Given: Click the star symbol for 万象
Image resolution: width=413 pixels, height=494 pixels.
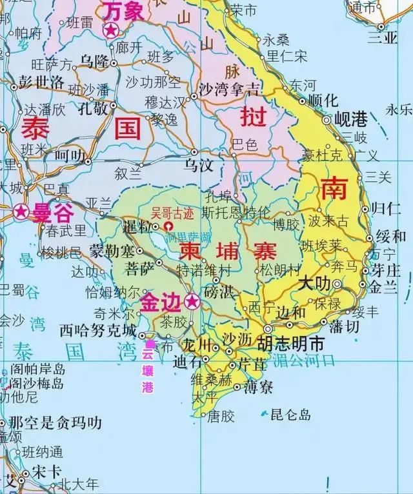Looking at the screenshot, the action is (x=112, y=30).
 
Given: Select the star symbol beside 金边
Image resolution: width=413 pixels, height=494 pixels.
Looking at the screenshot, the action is (x=192, y=301).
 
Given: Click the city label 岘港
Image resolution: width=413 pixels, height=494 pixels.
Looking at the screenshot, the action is (x=351, y=119).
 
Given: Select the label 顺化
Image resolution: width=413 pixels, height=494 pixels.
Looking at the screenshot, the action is (x=323, y=100).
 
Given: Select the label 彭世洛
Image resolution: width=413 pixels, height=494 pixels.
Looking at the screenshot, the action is (x=41, y=82).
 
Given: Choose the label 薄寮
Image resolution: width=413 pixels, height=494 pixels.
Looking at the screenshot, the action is (x=258, y=387).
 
